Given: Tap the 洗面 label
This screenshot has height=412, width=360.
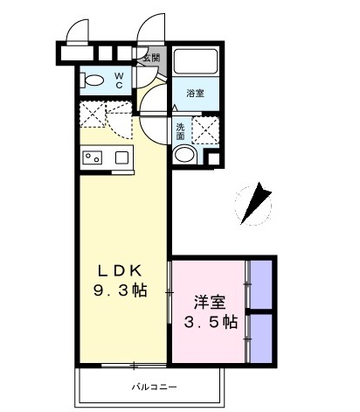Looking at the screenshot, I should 179,130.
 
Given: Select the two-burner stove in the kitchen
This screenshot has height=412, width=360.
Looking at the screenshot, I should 92,158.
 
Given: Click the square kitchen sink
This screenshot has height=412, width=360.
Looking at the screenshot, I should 121,158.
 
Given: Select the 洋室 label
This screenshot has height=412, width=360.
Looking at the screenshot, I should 210,304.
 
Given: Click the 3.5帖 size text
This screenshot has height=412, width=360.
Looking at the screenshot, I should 210,323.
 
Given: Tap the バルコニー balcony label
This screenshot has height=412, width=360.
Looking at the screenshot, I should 131,385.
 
